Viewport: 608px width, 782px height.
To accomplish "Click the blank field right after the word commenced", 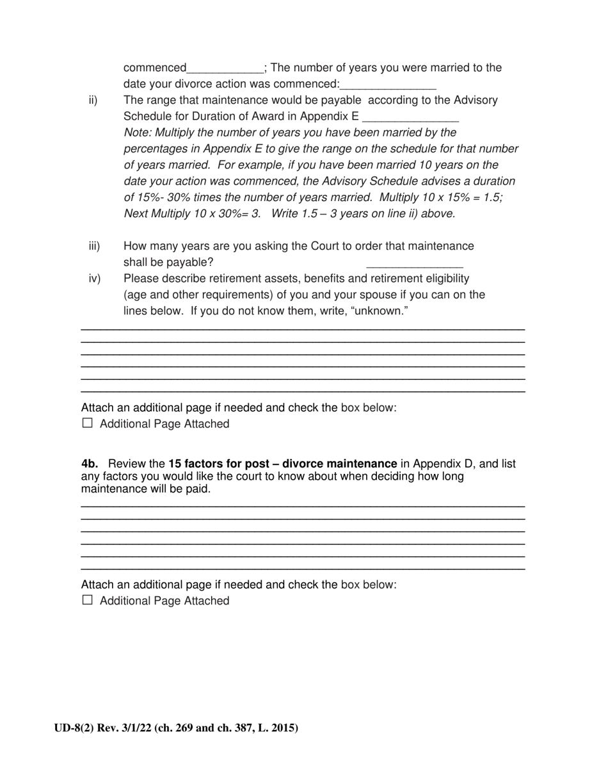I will tap(225, 69).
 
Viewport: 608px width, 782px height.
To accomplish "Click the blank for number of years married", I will tap(388, 85).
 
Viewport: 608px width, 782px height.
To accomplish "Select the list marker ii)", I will tap(93, 100).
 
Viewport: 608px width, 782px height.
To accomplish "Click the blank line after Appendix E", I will tap(410, 117).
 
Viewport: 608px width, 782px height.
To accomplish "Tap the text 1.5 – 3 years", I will tap(333, 213).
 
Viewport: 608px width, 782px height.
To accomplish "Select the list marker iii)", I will tap(94, 246).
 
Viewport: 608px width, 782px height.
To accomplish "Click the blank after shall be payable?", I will tap(414, 263).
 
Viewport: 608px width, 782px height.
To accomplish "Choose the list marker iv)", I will tap(95, 279).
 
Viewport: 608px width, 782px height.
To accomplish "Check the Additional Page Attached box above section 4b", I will tap(88, 423).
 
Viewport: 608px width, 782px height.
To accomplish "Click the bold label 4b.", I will tap(90, 464).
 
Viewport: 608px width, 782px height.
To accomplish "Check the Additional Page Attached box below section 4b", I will tap(88, 600).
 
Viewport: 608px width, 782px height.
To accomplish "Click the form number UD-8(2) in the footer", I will tap(74, 728).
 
